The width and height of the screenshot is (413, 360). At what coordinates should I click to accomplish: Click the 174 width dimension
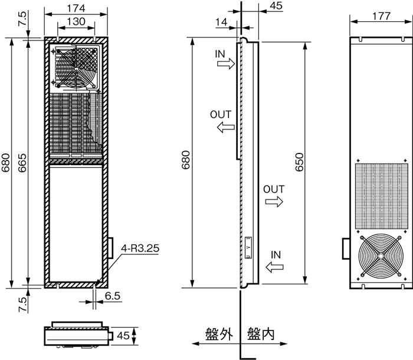coord(75,8)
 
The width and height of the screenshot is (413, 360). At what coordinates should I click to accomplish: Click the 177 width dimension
coord(381,16)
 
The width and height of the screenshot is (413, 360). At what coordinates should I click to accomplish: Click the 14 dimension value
coord(222,22)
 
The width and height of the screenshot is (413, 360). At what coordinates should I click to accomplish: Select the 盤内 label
coord(261,333)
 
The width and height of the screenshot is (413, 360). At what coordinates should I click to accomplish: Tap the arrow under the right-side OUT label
coord(274,202)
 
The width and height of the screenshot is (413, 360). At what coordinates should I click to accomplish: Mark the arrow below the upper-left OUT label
coord(225,127)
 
